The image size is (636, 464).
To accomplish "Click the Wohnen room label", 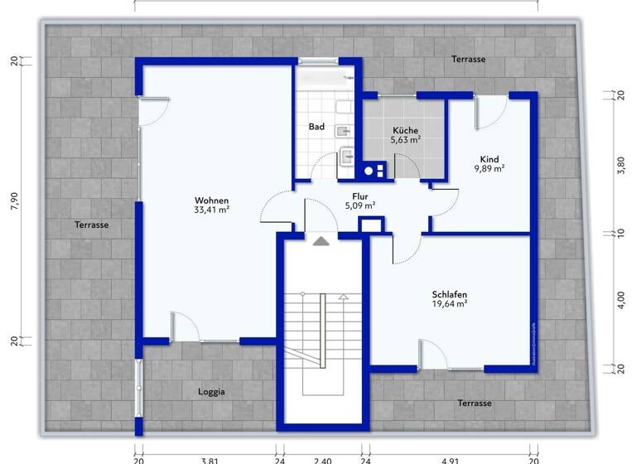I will point(211,201).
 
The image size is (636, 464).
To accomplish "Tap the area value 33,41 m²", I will point(211,210).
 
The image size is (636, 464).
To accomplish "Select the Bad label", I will point(316,127).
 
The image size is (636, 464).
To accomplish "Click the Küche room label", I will point(405,130).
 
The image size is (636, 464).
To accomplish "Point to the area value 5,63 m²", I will point(405,140).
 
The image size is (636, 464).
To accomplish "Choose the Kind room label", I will point(489,158).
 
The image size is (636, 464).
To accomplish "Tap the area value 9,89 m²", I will point(489,168).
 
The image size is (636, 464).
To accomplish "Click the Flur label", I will point(359,196).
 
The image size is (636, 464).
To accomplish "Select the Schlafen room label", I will point(450,294).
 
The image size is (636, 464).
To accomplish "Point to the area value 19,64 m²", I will point(450,304).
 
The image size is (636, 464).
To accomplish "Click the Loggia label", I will point(211,392).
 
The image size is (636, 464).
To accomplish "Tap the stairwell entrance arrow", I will point(320,240).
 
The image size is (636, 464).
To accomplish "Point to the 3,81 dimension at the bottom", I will point(210,458).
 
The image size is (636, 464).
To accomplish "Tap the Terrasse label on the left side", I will point(91,225).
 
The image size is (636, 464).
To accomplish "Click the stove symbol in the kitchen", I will point(374,172).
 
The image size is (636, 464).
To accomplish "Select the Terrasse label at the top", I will point(468,60).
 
